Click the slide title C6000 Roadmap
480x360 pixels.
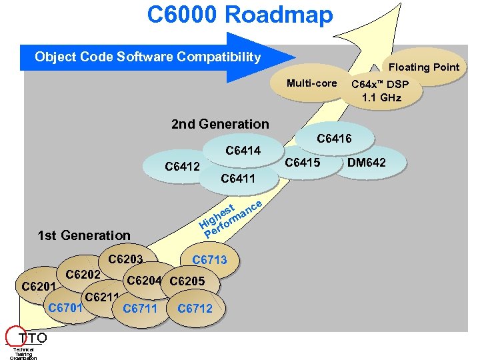[x=240, y=14]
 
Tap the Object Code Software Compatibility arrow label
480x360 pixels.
[x=147, y=57]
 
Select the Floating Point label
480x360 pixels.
[x=424, y=67]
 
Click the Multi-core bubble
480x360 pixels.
[x=311, y=83]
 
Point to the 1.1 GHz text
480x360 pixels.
[x=381, y=97]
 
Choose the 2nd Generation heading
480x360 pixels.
[x=220, y=124]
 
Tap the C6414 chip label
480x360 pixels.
[x=243, y=151]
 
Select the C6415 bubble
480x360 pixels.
[x=303, y=163]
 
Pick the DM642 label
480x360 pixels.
[x=367, y=163]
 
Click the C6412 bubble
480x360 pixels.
[x=182, y=166]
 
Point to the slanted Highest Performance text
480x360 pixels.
[x=231, y=215]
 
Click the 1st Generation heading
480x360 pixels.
[x=84, y=235]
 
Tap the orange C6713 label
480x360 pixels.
[x=209, y=260]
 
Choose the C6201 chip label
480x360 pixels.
[x=39, y=287]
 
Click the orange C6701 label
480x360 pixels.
[x=65, y=307]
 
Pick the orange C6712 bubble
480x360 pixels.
[x=195, y=308]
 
